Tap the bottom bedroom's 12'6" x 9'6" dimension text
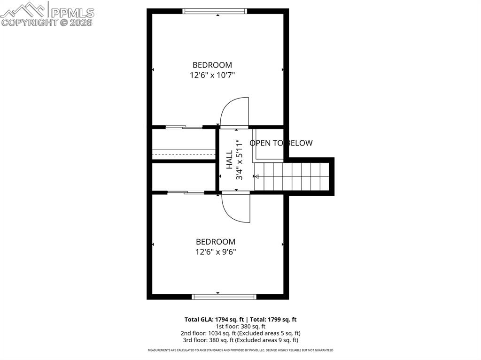point(216,252)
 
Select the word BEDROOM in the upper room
point(212,65)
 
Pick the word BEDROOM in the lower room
point(216,241)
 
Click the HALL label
point(229,160)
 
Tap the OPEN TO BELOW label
point(281,143)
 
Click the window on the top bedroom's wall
point(215,11)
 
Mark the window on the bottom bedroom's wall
point(224,297)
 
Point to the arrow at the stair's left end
point(256,176)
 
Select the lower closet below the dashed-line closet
point(183,177)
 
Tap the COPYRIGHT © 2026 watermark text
point(47,23)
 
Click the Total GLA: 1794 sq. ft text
point(211,319)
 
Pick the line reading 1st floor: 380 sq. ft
point(240,326)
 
